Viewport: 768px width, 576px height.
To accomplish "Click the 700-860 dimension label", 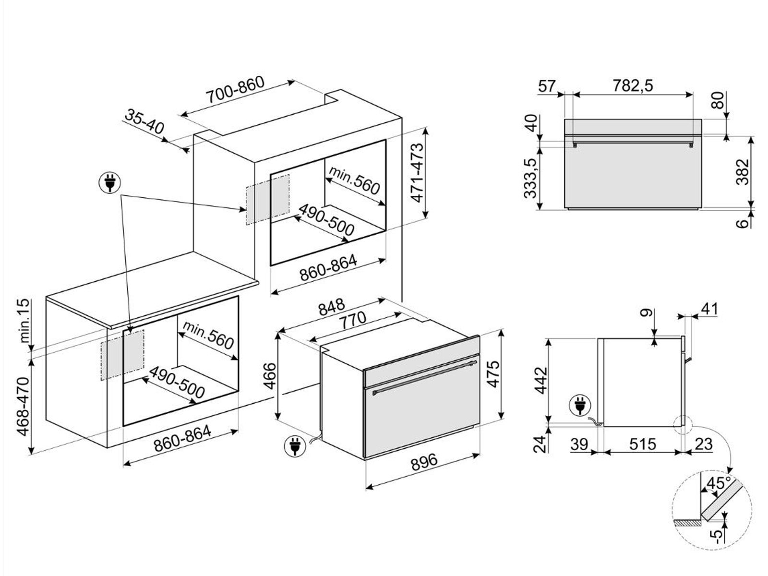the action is pyautogui.click(x=235, y=90).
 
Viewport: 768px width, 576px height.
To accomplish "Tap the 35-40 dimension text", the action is pyautogui.click(x=144, y=121).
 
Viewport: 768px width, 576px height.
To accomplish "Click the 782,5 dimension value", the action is pyautogui.click(x=633, y=85).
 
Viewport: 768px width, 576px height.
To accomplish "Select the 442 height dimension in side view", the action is pyautogui.click(x=541, y=380).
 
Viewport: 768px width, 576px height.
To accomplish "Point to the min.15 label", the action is pyautogui.click(x=25, y=321).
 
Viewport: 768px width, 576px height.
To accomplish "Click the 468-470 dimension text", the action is pyautogui.click(x=24, y=407).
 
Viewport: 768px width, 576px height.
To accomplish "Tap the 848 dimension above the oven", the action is pyautogui.click(x=331, y=307).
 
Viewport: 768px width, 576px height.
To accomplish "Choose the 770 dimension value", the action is pyautogui.click(x=353, y=320).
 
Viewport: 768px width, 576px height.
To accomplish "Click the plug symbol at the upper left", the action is pyautogui.click(x=110, y=183).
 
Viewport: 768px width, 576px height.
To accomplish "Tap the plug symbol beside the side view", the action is pyautogui.click(x=580, y=406).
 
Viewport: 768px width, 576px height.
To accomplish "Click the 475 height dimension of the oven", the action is pyautogui.click(x=493, y=374).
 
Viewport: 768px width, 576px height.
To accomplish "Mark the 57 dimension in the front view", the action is pyautogui.click(x=547, y=86).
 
